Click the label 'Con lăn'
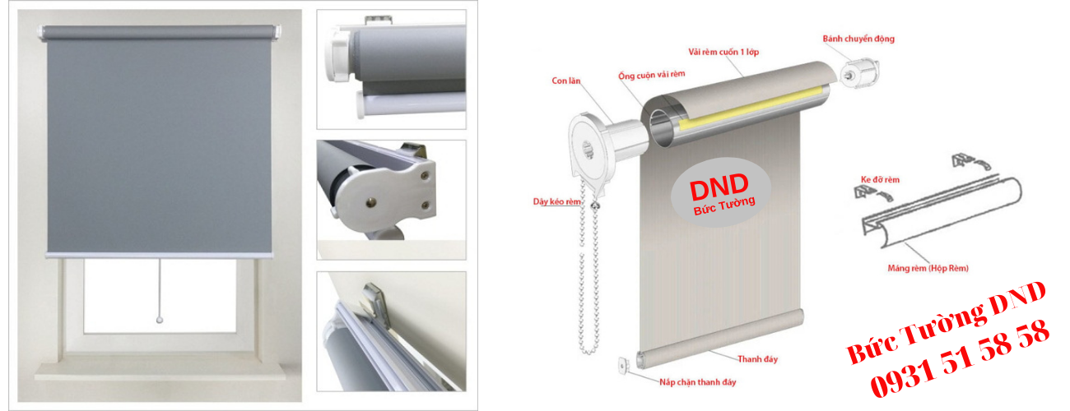coord(566,81)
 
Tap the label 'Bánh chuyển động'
coord(858,39)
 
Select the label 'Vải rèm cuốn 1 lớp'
coord(723,52)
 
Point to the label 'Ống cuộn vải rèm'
coord(652,75)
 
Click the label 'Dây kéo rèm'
coord(557,201)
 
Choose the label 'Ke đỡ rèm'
coord(880,180)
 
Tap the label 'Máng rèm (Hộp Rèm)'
coord(928,269)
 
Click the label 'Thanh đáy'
coord(757,359)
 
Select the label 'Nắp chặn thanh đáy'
coord(697,382)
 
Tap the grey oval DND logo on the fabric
coord(721,192)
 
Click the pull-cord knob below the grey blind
coord(160,321)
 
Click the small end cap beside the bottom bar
coord(623,366)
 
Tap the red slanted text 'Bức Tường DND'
coord(946,322)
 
